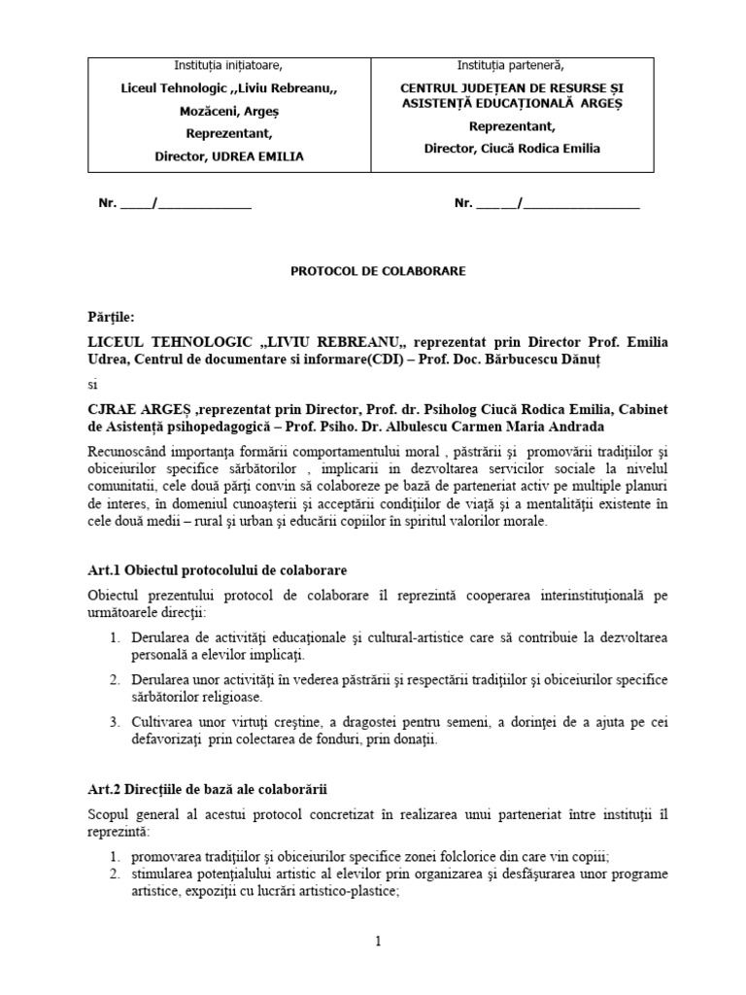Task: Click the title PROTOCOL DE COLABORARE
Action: pos(378,271)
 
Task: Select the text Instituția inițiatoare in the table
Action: pos(228,66)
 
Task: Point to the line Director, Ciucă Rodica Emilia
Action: pos(512,149)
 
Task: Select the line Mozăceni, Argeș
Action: pos(228,111)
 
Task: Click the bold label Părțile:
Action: pos(111,317)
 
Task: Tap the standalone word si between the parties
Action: pos(92,383)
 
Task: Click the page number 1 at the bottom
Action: pos(378,942)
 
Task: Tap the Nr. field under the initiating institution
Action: pos(175,203)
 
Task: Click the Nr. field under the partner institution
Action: pos(547,203)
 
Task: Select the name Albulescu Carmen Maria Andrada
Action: pos(516,426)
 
